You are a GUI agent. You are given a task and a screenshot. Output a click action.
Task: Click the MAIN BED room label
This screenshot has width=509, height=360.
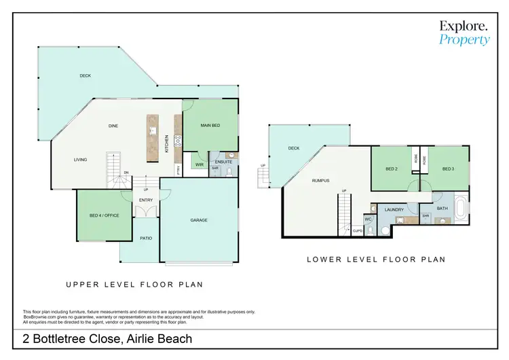coord(210,126)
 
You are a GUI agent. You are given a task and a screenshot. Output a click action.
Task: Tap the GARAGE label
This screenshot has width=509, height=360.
coord(199,220)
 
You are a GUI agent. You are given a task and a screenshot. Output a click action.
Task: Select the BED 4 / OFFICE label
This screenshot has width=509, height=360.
coord(103,216)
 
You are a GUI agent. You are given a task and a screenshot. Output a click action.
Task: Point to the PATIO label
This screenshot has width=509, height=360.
coord(145,238)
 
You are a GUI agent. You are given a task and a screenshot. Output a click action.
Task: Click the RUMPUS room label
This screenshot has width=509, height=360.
coord(321,181)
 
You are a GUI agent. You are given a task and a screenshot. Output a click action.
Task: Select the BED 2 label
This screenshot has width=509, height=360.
coord(391,168)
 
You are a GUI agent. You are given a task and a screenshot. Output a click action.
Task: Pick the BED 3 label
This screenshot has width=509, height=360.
coord(447,168)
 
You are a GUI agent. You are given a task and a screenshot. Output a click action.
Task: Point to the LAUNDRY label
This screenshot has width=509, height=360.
coord(394,210)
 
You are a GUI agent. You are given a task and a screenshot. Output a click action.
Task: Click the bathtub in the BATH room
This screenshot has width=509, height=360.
coord(461,209)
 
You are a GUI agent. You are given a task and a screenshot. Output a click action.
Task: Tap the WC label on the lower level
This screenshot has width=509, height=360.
coord(367,219)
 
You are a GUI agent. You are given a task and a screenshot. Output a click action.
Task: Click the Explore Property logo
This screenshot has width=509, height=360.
coord(464,33)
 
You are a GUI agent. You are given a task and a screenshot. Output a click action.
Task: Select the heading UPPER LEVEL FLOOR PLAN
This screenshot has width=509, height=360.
coord(134,285)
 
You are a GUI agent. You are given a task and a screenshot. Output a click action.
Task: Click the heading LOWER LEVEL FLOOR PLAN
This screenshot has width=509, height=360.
coord(376,259)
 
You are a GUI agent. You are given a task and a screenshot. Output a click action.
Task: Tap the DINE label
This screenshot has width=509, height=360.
coord(114,126)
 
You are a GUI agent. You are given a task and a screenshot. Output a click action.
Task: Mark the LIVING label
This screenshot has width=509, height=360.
coord(81,160)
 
